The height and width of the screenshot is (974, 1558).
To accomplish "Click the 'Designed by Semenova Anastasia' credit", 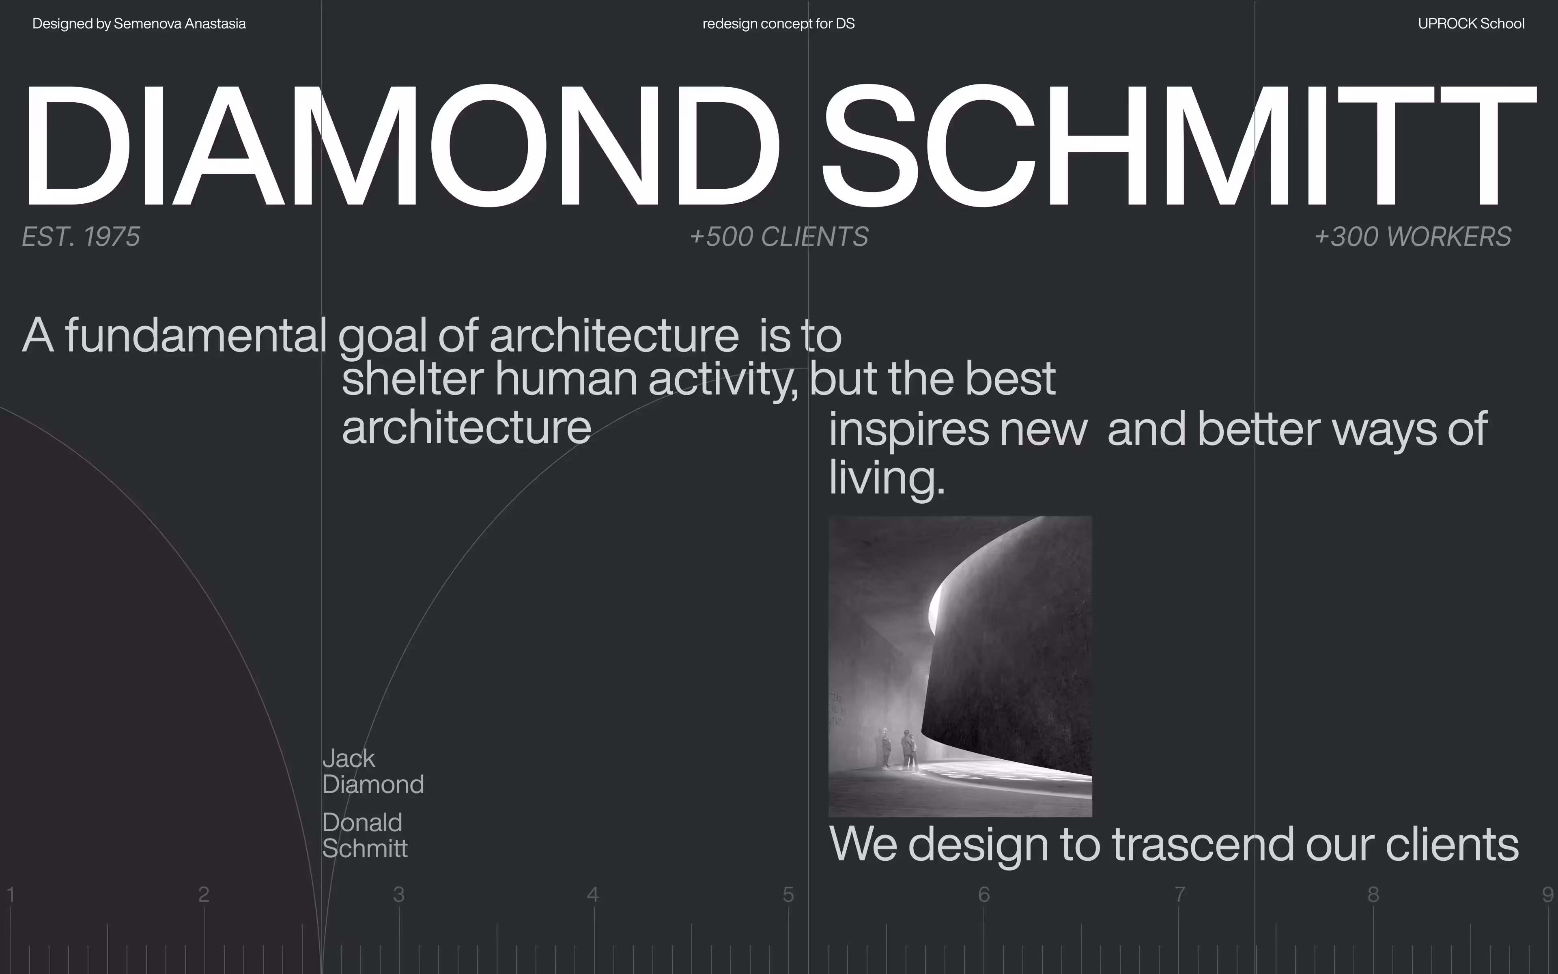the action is (139, 24).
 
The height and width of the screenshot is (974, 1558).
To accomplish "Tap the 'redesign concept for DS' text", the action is (778, 24).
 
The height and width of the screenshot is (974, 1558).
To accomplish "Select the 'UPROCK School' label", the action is (1471, 24).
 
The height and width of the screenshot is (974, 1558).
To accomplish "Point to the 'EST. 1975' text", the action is (81, 237).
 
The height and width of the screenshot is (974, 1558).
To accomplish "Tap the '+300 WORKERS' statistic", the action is (1412, 237).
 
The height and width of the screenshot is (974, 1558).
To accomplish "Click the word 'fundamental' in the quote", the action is (196, 335).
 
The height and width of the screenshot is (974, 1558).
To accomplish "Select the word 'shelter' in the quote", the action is (413, 378).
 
